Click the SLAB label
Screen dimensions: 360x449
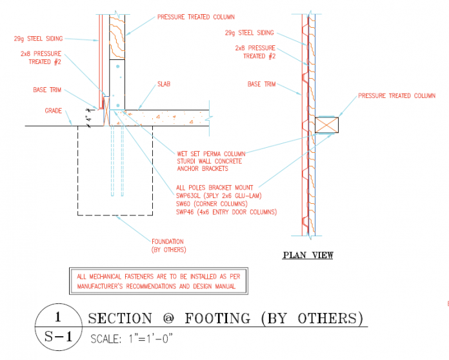tap(164, 85)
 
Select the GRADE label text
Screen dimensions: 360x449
tap(54, 111)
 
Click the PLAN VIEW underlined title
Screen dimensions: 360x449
tap(308, 255)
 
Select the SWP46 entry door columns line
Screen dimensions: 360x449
tap(226, 212)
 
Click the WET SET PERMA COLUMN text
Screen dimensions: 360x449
tap(210, 154)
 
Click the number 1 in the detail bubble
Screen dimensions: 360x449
tap(57, 317)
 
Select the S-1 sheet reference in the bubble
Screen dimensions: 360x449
tap(57, 336)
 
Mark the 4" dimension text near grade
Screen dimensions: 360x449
tap(88, 118)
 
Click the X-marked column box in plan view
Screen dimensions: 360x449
tap(328, 125)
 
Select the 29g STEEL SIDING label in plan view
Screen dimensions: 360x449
tap(250, 32)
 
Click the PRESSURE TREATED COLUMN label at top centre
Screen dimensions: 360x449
tap(195, 17)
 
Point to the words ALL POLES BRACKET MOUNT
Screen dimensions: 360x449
tap(214, 188)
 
